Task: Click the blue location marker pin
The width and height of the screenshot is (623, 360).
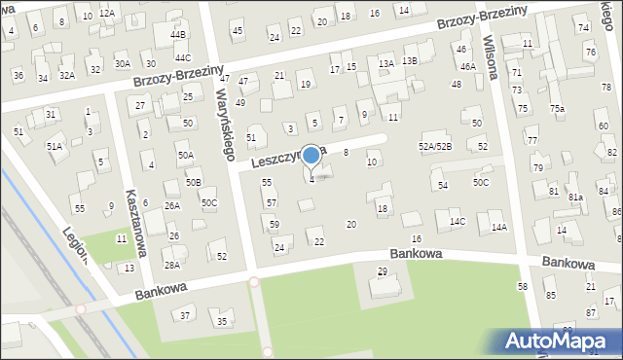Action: (x=311, y=157)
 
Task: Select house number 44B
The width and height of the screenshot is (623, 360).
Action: (x=177, y=34)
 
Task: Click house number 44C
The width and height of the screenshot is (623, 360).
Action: (x=183, y=57)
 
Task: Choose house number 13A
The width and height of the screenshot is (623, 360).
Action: (x=385, y=63)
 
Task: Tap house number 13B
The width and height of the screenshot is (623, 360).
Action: (x=410, y=60)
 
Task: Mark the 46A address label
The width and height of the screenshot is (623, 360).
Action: (x=468, y=66)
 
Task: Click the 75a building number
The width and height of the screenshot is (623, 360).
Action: (x=557, y=109)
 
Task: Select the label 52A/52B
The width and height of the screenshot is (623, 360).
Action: (x=435, y=146)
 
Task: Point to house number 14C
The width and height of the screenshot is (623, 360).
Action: (x=458, y=222)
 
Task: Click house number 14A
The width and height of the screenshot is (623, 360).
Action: (x=499, y=227)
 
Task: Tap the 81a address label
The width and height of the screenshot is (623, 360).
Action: (x=575, y=198)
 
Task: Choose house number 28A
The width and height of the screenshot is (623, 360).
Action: (x=171, y=265)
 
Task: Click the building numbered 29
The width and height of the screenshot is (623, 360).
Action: (x=382, y=270)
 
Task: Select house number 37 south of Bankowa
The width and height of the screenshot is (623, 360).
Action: (x=185, y=315)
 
